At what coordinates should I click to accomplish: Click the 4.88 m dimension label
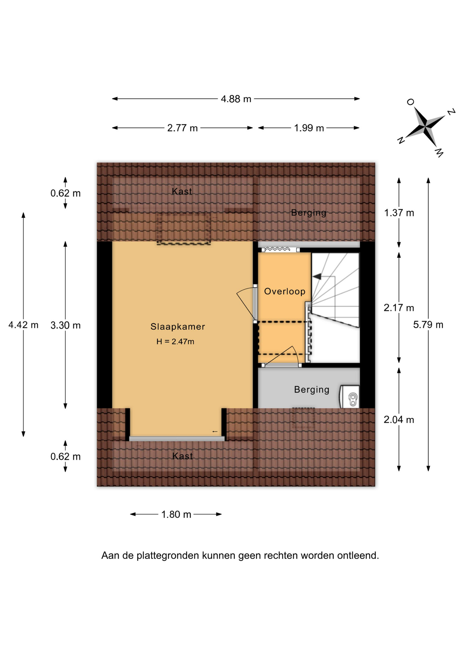236,99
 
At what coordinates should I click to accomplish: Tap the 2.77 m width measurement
182,128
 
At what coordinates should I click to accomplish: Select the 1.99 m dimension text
309,128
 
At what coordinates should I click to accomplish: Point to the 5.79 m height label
428,325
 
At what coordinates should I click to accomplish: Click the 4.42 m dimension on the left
23,325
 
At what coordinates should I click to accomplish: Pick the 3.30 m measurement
66,325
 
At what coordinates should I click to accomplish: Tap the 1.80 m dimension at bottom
176,514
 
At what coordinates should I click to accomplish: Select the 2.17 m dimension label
399,308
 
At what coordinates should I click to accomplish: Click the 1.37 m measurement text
399,213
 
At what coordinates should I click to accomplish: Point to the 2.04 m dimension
399,420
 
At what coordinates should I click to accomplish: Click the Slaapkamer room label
178,327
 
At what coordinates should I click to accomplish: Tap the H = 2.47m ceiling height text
175,341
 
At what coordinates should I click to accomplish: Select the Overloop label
285,291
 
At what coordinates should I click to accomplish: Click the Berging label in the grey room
312,390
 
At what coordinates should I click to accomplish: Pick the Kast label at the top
182,191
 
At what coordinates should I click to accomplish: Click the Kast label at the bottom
182,456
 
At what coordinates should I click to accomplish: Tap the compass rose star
425,127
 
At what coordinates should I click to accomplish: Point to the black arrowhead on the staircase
317,276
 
